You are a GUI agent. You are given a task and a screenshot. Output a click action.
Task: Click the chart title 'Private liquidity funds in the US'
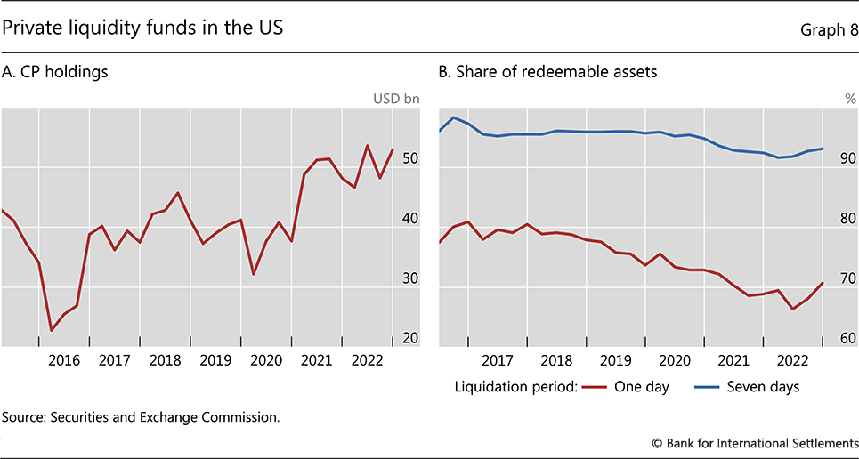point(143,28)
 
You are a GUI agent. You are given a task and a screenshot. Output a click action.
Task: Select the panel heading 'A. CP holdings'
point(55,72)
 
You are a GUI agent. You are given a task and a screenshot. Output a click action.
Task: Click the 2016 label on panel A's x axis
point(63,360)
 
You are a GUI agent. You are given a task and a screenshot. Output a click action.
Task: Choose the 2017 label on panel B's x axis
point(498,360)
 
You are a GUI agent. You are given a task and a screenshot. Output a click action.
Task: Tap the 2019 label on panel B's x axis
point(615,360)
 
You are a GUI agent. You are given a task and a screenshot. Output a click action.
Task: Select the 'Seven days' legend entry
point(763,386)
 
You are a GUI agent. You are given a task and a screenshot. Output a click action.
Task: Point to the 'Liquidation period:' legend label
point(517,386)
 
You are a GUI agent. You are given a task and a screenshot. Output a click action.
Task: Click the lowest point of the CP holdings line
point(52,330)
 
